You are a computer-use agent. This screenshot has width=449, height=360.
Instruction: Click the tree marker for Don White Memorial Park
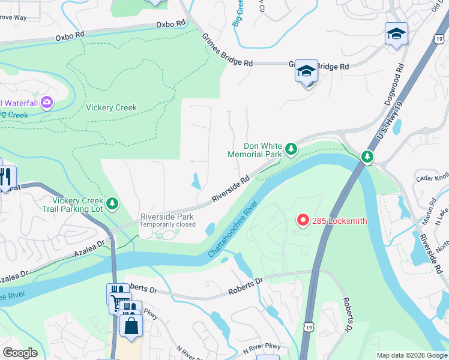(x=291, y=148)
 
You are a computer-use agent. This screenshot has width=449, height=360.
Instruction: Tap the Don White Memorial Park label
(x=255, y=150)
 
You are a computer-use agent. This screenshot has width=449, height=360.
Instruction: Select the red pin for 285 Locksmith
(x=303, y=221)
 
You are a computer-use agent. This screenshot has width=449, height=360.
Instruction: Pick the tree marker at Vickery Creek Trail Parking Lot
(x=112, y=205)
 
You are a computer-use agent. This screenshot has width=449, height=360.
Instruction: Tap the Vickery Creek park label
(x=111, y=108)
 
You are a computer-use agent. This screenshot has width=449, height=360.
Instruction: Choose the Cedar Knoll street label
(x=433, y=177)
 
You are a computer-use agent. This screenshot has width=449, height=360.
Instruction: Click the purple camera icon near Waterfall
(x=46, y=103)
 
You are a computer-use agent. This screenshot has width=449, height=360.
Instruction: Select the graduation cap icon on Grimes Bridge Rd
(x=306, y=71)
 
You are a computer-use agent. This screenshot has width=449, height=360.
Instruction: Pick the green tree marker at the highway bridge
(x=367, y=157)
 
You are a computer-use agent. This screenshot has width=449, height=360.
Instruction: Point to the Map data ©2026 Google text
(x=412, y=355)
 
